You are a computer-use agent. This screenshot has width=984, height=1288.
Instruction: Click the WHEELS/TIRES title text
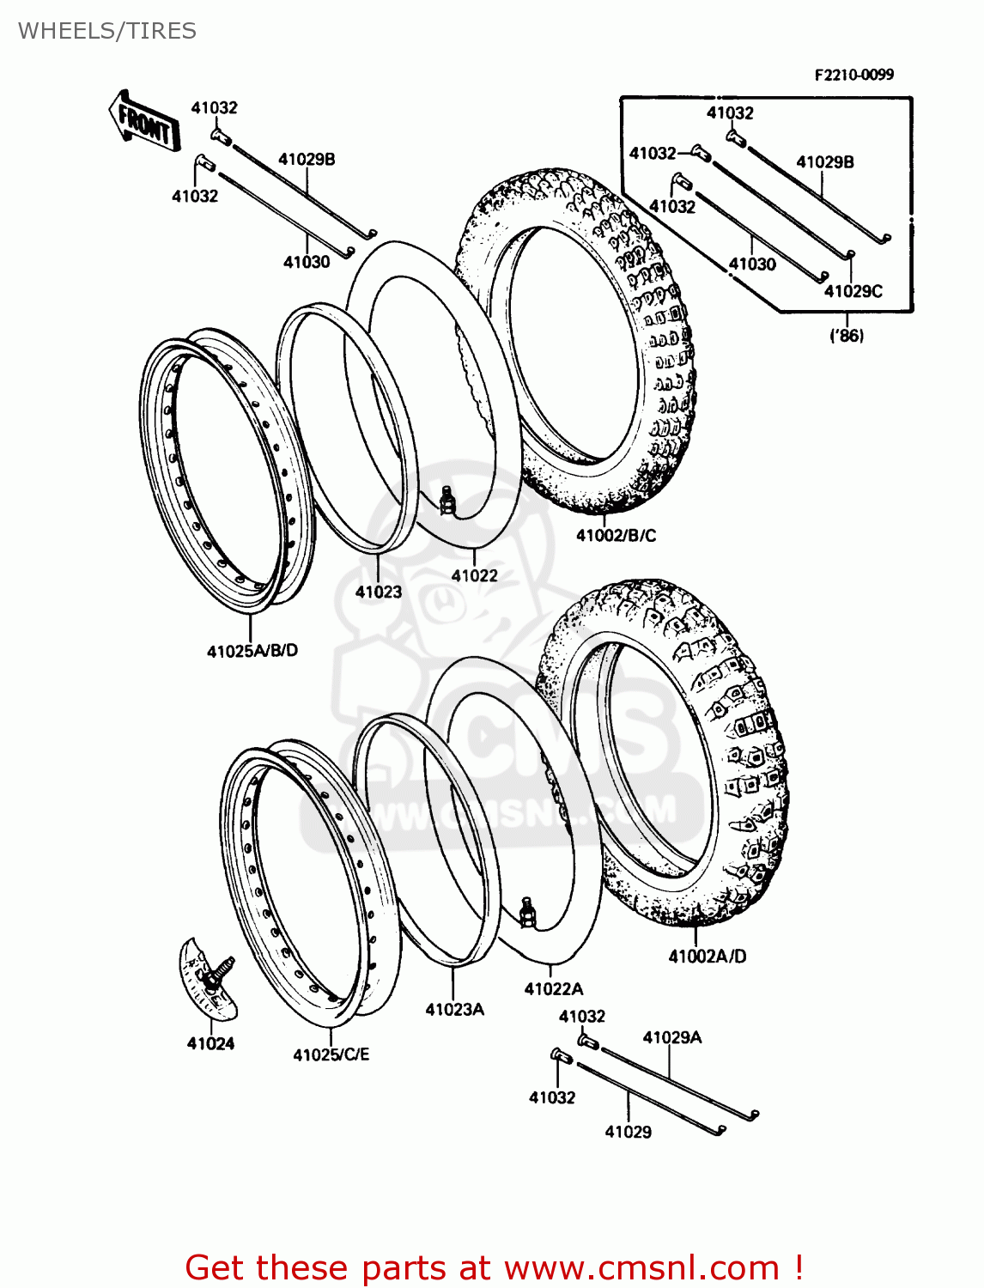[106, 31]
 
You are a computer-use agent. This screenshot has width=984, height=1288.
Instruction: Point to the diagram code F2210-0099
[853, 75]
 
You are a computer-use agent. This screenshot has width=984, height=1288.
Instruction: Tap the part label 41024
[210, 1043]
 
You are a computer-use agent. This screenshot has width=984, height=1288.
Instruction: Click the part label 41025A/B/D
[252, 651]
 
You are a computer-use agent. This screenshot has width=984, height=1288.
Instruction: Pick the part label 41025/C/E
[331, 1054]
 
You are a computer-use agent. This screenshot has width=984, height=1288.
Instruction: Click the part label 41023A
[454, 1010]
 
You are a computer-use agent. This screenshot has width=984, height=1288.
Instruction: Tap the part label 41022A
[553, 989]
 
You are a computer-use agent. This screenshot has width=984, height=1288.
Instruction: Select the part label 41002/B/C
[616, 536]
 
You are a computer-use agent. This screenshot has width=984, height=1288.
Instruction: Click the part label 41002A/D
[707, 957]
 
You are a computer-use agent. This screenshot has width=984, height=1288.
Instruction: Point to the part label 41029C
[853, 291]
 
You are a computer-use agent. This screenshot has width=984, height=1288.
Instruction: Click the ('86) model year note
[846, 336]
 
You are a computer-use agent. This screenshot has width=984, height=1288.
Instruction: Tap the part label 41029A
[671, 1037]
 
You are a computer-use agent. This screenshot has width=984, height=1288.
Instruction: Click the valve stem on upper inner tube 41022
[446, 501]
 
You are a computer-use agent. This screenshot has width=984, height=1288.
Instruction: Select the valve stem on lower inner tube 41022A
[527, 911]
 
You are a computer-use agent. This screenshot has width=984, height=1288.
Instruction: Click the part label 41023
[378, 592]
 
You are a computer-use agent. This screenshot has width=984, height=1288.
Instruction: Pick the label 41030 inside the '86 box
[751, 264]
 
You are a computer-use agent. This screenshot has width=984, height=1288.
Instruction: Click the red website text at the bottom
[494, 1267]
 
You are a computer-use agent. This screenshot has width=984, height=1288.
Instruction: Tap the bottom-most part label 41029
[628, 1132]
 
